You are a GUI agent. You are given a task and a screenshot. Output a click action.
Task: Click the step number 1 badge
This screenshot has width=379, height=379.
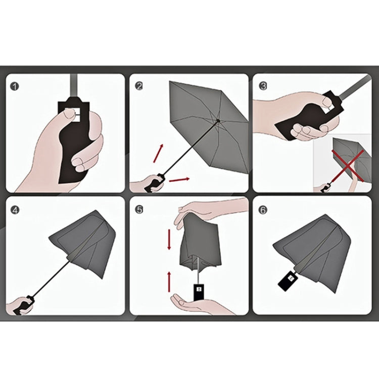point(15,86)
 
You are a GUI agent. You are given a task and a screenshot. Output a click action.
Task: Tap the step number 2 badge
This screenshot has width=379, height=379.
point(139,86)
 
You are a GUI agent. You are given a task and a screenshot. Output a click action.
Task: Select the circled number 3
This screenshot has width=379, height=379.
point(263,86)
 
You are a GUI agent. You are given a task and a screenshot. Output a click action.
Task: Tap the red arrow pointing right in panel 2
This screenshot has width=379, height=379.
point(179,179)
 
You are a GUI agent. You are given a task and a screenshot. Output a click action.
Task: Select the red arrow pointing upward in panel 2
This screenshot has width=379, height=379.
point(159,152)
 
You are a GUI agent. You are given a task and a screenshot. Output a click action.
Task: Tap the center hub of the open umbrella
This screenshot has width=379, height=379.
point(217,121)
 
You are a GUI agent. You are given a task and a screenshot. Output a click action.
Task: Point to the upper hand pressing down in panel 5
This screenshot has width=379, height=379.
point(202,210)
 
